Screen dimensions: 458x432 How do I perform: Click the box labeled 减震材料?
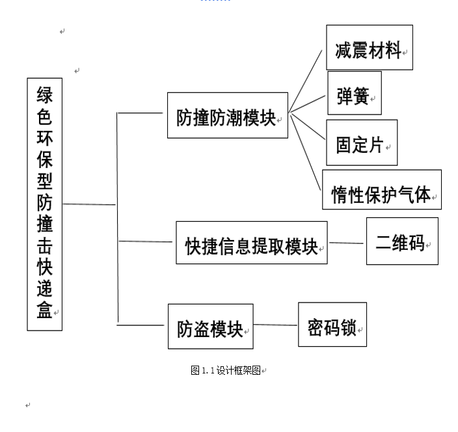pos(370,47)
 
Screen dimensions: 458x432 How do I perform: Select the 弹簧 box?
pos(355,93)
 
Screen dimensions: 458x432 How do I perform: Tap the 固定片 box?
pos(362,142)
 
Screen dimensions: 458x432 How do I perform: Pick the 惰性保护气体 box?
pos(382,189)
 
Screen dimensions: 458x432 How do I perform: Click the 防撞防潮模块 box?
pos(228,115)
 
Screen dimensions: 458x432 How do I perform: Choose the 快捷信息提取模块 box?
pos(252,243)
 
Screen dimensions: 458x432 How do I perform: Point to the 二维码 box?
pos(402,241)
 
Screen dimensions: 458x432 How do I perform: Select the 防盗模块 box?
pos(211,326)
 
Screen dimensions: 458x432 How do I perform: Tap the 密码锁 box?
pos(332,325)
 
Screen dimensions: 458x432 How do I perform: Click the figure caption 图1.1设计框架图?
pos(226,370)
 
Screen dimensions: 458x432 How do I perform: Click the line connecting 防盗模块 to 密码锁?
pos(275,325)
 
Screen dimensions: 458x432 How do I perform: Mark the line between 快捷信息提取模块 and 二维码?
pos(346,243)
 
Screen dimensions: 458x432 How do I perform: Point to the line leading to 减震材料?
pos(306,81)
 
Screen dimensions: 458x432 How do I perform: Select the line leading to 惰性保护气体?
pos(306,152)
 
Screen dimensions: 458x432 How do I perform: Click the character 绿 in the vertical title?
pos(45,95)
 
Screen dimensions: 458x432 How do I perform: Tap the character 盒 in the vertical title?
pos(45,310)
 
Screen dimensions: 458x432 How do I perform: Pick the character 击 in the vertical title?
pos(45,246)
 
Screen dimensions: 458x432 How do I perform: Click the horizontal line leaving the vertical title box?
pos(89,204)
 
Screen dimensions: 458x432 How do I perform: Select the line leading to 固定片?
pos(308,126)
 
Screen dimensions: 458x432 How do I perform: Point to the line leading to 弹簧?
pos(307,103)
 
